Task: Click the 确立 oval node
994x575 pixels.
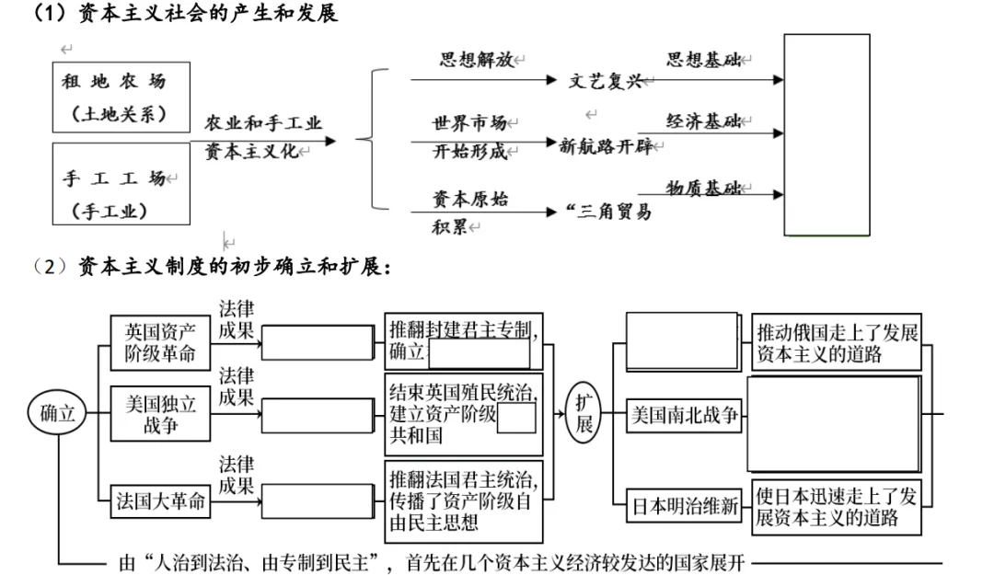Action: click(57, 413)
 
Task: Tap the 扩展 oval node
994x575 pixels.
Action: click(584, 414)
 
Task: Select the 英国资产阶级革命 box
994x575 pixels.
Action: click(160, 342)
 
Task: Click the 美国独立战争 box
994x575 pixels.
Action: click(160, 415)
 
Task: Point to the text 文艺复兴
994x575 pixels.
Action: click(606, 81)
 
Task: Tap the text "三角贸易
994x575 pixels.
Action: click(610, 213)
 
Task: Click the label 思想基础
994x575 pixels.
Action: click(703, 60)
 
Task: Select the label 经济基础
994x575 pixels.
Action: click(703, 121)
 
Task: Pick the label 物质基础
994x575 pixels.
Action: click(703, 188)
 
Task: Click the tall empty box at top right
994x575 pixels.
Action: click(826, 135)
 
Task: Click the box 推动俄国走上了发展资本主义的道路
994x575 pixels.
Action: click(837, 342)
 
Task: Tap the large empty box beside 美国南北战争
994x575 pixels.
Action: click(833, 423)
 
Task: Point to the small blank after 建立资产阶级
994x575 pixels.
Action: click(515, 419)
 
